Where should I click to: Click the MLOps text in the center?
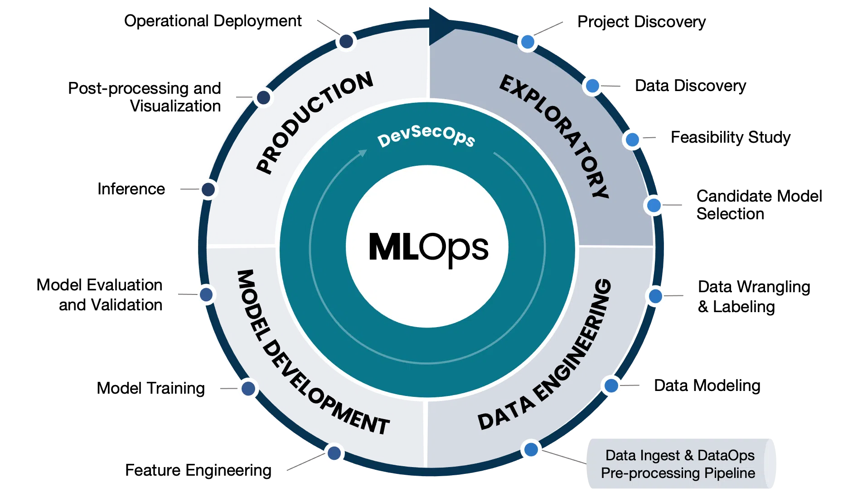[428, 248]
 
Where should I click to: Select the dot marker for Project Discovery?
[528, 42]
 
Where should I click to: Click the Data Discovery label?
[690, 86]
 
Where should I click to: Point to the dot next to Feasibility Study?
[632, 140]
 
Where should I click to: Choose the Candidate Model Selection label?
[759, 205]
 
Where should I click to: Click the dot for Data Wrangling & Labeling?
[655, 296]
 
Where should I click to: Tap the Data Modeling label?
[707, 386]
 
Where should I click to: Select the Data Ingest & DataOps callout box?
[681, 463]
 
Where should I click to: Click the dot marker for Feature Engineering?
[334, 453]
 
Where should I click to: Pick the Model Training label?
[150, 388]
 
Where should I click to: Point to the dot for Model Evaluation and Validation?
[206, 294]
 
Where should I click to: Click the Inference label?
[131, 189]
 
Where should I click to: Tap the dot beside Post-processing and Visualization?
[263, 97]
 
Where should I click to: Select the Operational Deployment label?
[213, 21]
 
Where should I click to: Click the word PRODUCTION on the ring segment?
[314, 122]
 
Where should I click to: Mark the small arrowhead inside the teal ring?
[362, 153]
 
